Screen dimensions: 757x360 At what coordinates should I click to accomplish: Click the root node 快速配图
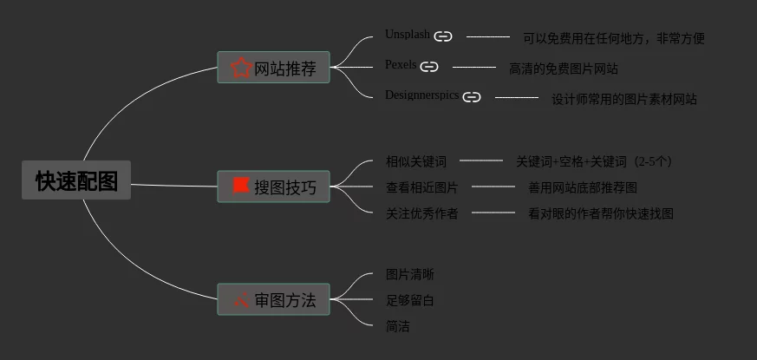click(x=76, y=180)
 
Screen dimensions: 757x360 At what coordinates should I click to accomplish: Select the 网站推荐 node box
click(x=273, y=67)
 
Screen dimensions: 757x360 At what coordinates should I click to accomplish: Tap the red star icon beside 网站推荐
click(x=241, y=69)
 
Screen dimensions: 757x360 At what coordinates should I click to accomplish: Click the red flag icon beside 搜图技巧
click(x=241, y=186)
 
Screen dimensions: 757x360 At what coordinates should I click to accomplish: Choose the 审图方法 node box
click(x=273, y=299)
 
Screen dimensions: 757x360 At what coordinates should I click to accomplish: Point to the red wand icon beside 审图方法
click(x=241, y=299)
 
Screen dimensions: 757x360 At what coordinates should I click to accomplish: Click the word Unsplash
click(x=408, y=35)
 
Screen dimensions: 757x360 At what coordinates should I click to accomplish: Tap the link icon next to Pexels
click(x=429, y=67)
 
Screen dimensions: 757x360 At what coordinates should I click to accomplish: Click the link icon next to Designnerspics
click(x=472, y=97)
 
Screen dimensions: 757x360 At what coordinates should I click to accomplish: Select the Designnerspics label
click(x=422, y=95)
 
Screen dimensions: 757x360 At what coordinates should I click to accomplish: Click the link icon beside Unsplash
click(x=443, y=36)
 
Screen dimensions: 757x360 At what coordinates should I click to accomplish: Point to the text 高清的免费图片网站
click(x=564, y=69)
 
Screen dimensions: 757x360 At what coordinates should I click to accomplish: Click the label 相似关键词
click(x=416, y=162)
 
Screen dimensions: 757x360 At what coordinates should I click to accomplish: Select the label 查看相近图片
click(x=422, y=187)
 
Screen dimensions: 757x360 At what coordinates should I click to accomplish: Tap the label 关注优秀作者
click(x=422, y=213)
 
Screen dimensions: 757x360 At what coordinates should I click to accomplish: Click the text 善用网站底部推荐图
click(x=583, y=187)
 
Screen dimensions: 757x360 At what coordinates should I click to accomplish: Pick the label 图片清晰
click(x=410, y=275)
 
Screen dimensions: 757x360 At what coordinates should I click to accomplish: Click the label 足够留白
click(x=410, y=300)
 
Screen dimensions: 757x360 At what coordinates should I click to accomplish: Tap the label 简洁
click(x=398, y=327)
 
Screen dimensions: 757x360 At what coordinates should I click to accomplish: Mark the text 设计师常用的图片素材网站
click(x=624, y=100)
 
